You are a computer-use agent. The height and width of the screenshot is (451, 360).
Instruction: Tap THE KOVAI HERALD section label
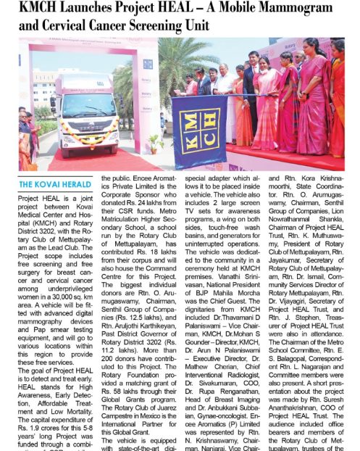point(55,184)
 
